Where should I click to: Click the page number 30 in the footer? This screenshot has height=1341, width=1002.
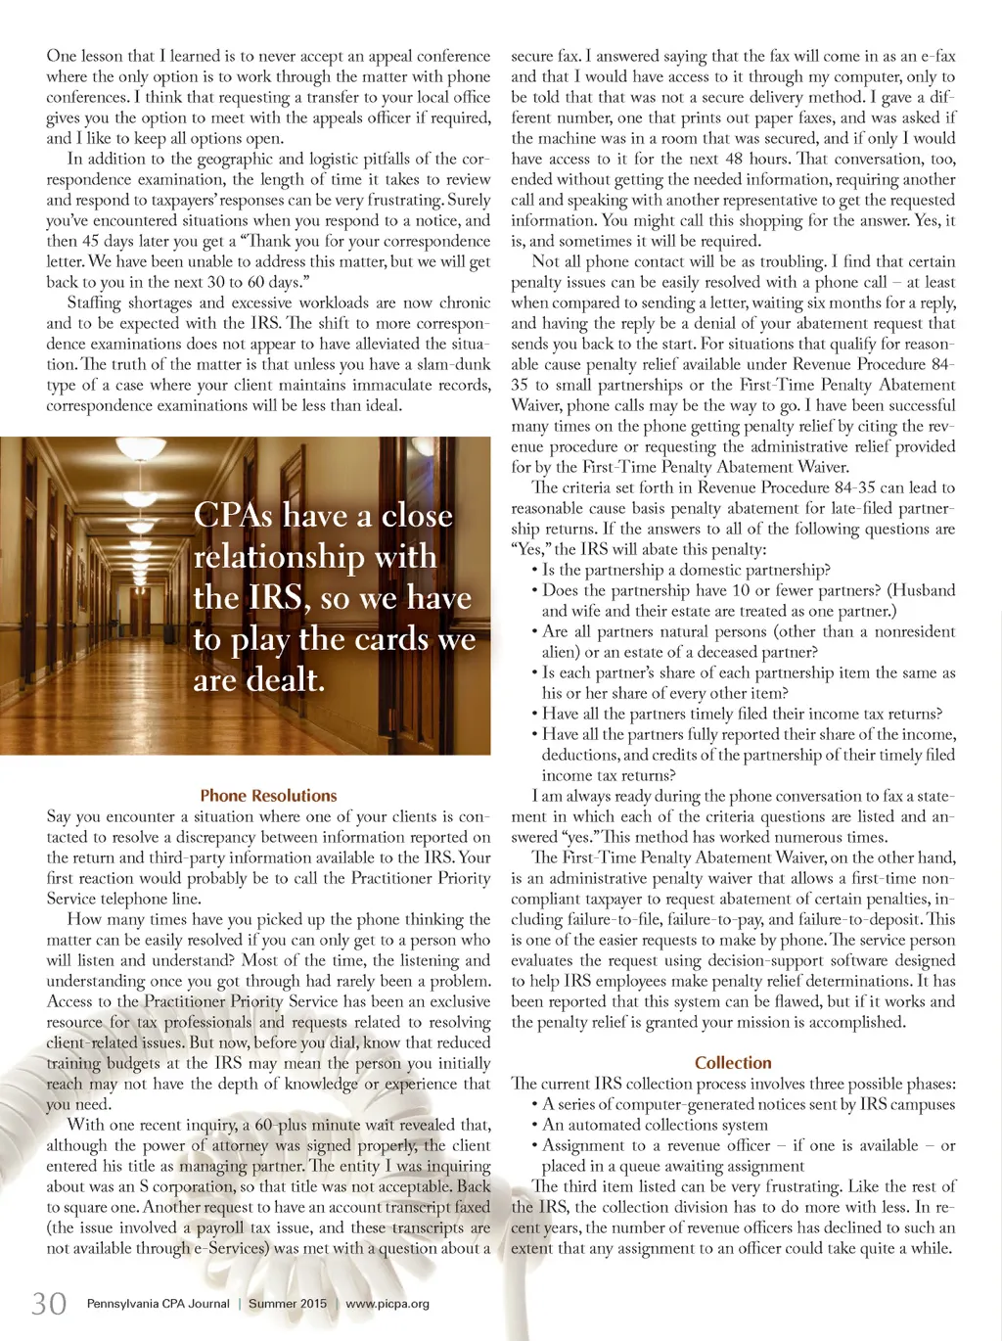(x=49, y=1303)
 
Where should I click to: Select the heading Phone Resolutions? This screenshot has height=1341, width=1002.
(x=268, y=796)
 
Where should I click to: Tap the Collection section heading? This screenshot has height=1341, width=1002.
(x=733, y=1062)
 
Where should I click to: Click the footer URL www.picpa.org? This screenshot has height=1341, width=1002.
(x=387, y=1304)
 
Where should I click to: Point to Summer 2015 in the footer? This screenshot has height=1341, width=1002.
(x=288, y=1304)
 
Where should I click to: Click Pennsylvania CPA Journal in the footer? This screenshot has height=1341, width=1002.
(x=159, y=1304)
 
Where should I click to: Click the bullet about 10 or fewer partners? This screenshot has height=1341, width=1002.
(x=734, y=590)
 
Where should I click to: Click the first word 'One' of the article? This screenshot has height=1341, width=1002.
(x=61, y=56)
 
